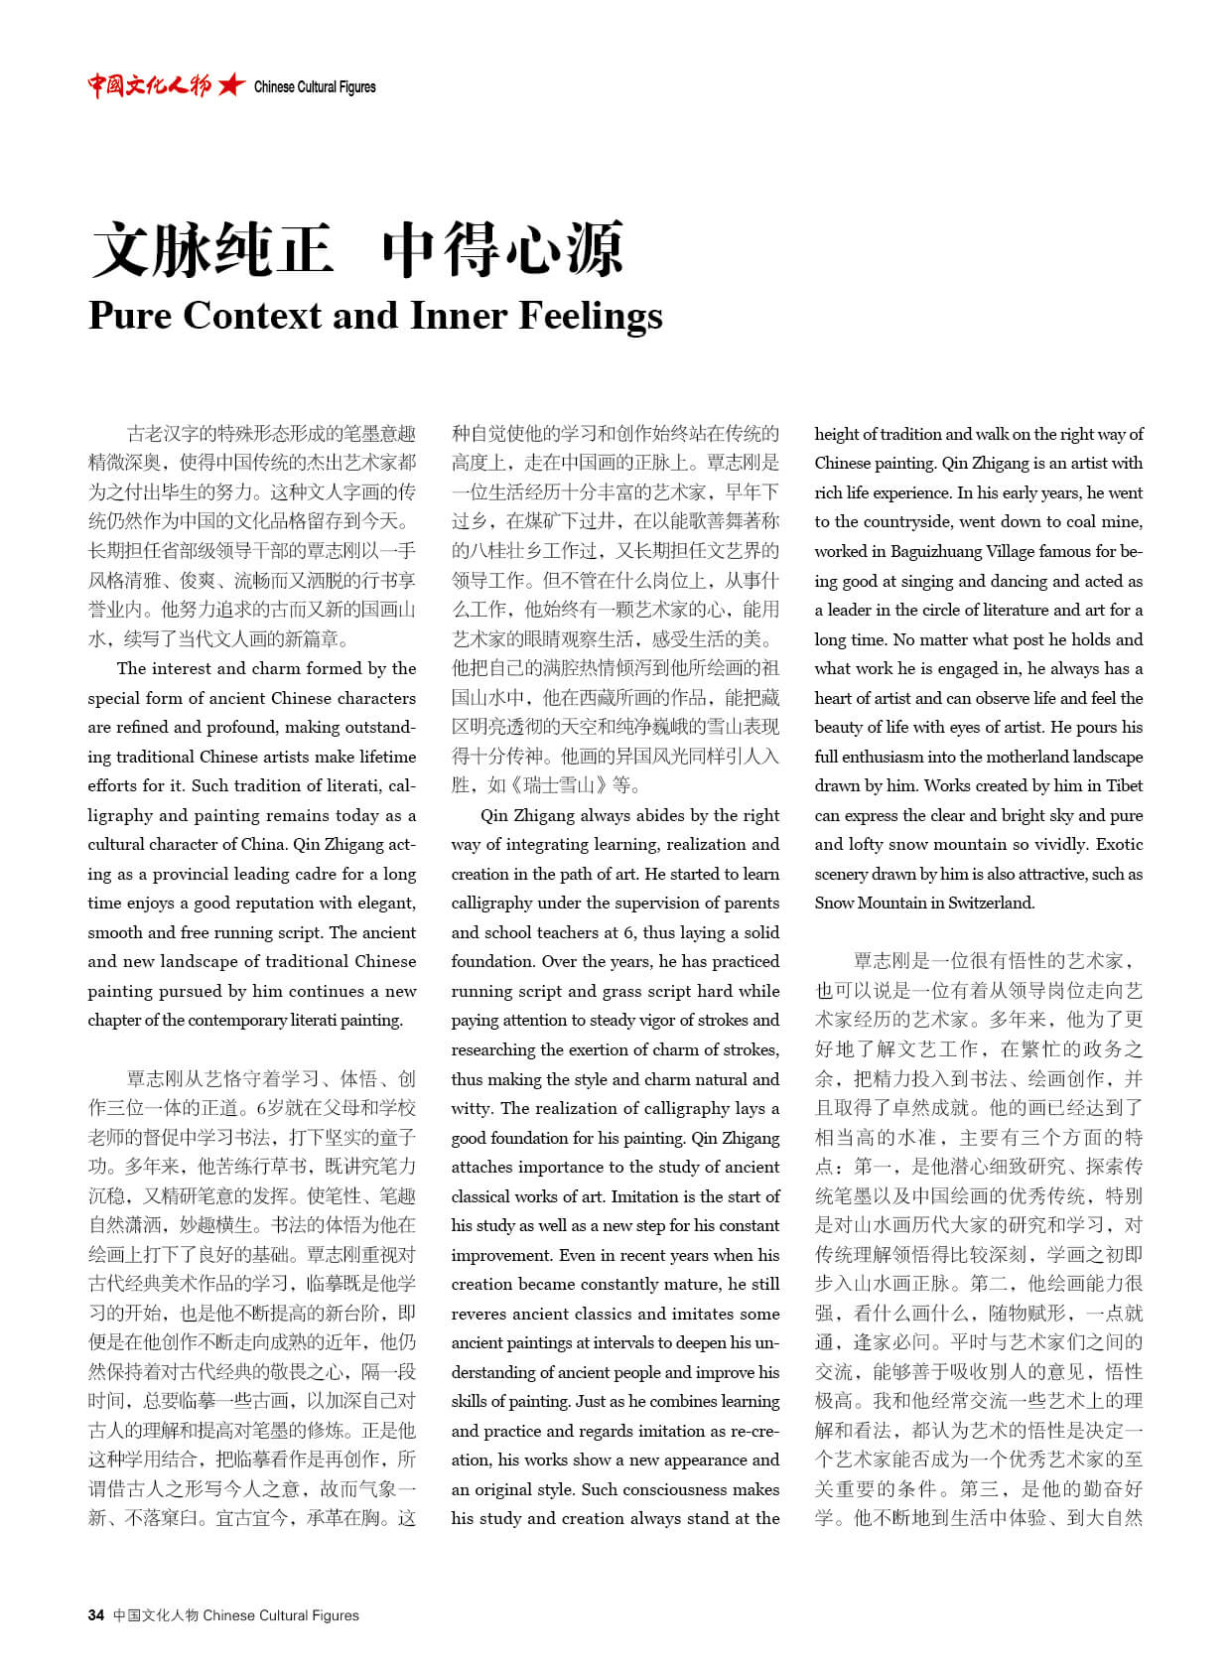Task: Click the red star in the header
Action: (231, 85)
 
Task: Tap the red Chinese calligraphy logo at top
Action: (149, 85)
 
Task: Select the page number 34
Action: (96, 1615)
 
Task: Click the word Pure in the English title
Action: (130, 316)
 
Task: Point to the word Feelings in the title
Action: (591, 316)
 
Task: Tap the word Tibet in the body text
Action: (1124, 785)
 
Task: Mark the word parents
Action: (751, 903)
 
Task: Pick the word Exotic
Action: (1119, 844)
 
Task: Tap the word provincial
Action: (215, 874)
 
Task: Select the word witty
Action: (471, 1108)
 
